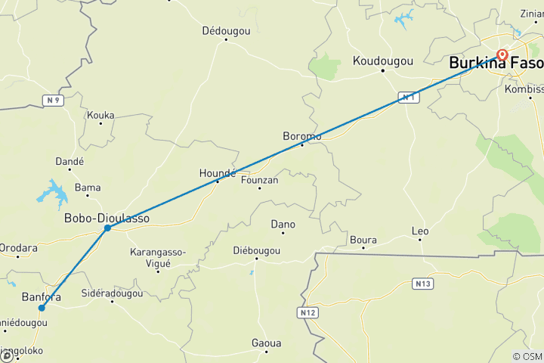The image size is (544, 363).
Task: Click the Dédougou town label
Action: click(225, 31)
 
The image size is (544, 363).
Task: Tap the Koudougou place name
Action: click(383, 61)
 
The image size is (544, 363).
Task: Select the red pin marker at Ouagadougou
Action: click(502, 54)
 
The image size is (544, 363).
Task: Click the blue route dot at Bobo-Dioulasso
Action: click(108, 228)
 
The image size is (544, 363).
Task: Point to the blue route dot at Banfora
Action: click(42, 308)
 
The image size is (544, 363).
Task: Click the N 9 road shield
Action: click(52, 100)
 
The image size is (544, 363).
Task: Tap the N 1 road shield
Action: click(407, 98)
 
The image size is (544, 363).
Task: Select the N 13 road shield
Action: click(422, 284)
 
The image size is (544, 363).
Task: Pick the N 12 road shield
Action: click(307, 312)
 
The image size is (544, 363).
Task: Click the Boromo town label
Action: click(301, 136)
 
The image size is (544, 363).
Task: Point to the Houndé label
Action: click(217, 173)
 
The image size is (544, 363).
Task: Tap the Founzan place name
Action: click(259, 180)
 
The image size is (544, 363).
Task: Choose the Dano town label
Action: click(283, 225)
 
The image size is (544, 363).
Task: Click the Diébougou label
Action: click(256, 250)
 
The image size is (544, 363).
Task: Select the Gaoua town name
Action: click(266, 343)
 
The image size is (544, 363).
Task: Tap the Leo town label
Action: click(419, 231)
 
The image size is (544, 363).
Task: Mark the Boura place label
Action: click(363, 240)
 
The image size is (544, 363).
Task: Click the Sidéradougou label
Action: click(112, 293)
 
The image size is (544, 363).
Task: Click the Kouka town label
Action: click(100, 116)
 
